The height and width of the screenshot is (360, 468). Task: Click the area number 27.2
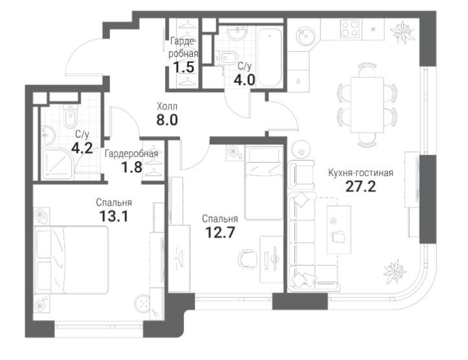361,186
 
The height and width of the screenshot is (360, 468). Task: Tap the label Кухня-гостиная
361,172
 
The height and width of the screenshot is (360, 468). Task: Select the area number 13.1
114,216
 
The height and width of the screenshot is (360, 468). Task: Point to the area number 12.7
220,232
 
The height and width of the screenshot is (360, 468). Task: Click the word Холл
167,106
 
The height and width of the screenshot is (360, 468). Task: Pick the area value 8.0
167,120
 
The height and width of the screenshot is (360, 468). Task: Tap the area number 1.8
131,167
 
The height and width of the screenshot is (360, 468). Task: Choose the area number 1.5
184,67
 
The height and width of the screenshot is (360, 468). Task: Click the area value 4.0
245,80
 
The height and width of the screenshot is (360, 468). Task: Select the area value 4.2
82,148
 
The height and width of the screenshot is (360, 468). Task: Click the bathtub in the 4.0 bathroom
269,57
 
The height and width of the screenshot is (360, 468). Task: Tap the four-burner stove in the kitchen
350,29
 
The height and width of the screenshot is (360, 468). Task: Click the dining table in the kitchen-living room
367,104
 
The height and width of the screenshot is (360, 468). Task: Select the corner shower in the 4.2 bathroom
57,164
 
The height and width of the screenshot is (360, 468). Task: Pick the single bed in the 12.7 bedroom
263,183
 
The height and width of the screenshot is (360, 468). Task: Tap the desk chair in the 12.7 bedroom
248,259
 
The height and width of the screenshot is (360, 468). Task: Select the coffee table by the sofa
339,230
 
